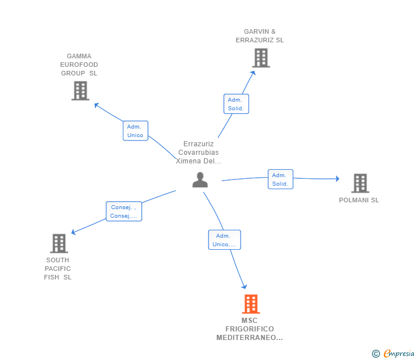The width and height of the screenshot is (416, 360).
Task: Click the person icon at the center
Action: [x=200, y=180]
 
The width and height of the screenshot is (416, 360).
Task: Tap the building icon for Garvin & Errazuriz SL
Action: [x=261, y=58]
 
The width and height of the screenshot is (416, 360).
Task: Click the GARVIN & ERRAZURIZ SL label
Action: [x=259, y=36]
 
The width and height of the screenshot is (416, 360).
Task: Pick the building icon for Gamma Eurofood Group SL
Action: [x=80, y=90]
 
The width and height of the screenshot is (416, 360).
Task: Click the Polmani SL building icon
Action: [x=359, y=183]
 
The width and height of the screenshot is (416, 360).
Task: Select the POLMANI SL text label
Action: [x=359, y=200]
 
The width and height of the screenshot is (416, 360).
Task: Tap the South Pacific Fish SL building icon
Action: [x=59, y=243]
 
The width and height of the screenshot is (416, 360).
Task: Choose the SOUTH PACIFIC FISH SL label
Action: [x=58, y=269]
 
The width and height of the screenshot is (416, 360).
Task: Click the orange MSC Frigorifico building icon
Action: [x=250, y=304]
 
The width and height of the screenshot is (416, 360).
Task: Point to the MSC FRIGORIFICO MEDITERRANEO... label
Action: [x=249, y=329]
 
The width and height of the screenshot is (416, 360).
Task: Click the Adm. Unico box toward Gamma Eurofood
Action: [x=135, y=131]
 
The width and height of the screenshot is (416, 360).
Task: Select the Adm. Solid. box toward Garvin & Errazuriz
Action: [x=235, y=104]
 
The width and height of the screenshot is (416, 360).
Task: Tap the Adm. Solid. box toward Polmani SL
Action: [x=280, y=179]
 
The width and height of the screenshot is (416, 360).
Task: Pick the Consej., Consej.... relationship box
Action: [x=123, y=211]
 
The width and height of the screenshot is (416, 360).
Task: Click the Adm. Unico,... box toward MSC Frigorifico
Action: [x=224, y=240]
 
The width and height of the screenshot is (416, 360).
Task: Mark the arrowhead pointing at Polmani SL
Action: [x=337, y=179]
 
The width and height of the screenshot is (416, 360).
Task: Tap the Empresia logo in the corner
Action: [x=393, y=354]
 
